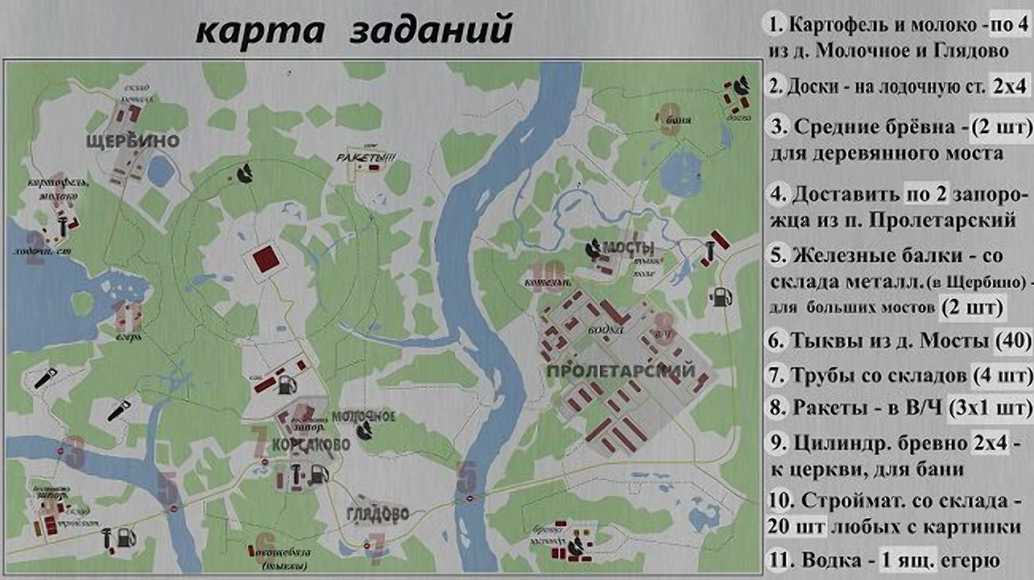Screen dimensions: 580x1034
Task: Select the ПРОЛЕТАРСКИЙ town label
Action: point(622,371)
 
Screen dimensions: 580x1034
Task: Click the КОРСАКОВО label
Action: point(311,444)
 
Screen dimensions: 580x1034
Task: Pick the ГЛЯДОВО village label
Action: point(377,512)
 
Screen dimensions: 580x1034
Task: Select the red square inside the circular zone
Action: point(263,259)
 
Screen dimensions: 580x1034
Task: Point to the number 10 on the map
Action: point(550,273)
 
